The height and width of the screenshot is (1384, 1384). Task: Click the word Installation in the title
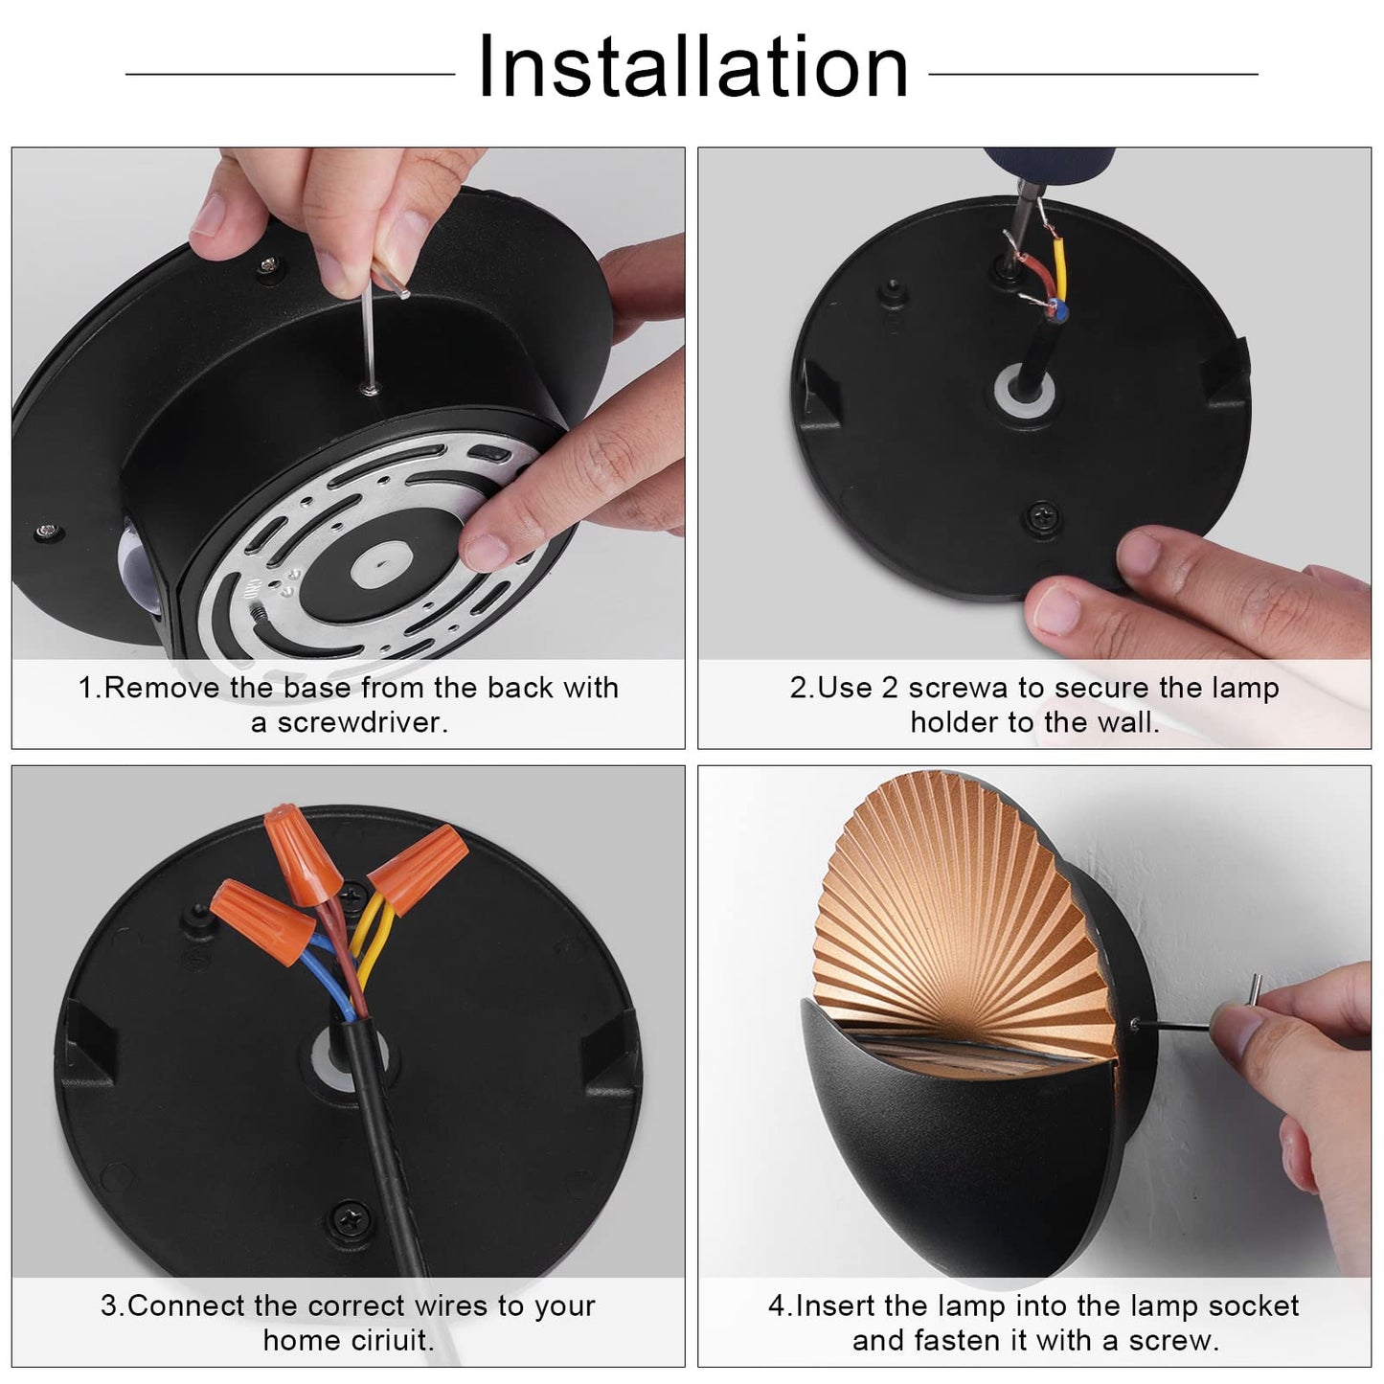coord(693,67)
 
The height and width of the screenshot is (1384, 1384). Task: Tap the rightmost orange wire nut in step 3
coord(419,869)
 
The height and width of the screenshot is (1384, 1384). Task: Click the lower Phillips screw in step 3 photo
coord(352,1218)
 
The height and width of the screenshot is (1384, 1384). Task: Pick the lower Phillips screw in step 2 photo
coord(1041,515)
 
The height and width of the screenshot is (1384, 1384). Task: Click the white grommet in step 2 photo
coord(1024,396)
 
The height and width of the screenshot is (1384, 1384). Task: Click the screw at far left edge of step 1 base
coord(48,532)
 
